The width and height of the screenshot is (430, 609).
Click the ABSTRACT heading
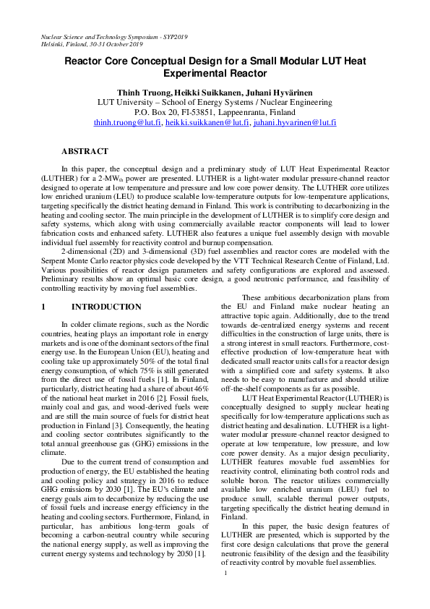point(86,152)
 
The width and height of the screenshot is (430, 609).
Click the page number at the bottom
point(225,593)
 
